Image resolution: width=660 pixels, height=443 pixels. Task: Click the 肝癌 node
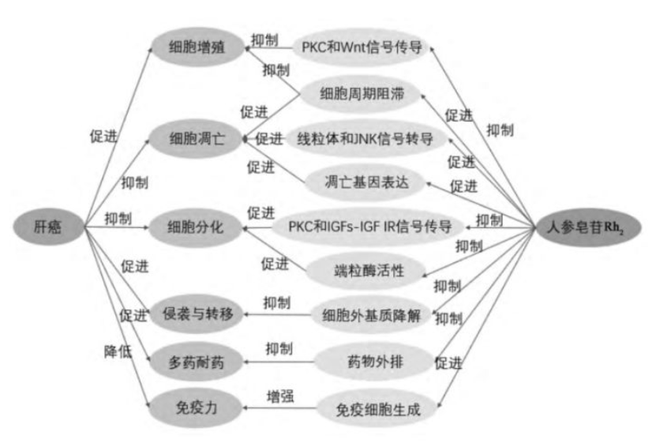pyautogui.click(x=48, y=228)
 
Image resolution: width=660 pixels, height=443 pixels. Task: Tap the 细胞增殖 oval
pyautogui.click(x=197, y=47)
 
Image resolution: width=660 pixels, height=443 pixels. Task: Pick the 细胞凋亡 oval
pyautogui.click(x=197, y=139)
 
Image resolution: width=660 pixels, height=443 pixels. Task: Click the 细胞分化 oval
pyautogui.click(x=197, y=227)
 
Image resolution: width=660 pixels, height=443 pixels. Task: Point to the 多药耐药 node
pyautogui.click(x=197, y=363)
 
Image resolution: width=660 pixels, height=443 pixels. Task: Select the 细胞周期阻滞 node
pyautogui.click(x=362, y=95)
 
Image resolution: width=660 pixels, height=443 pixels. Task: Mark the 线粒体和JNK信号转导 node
pyautogui.click(x=366, y=139)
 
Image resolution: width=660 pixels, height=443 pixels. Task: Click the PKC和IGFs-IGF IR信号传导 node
pyautogui.click(x=366, y=227)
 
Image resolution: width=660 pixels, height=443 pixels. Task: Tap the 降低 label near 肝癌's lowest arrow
pyautogui.click(x=118, y=350)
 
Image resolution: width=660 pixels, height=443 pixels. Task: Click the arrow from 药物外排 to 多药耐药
pyautogui.click(x=276, y=363)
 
